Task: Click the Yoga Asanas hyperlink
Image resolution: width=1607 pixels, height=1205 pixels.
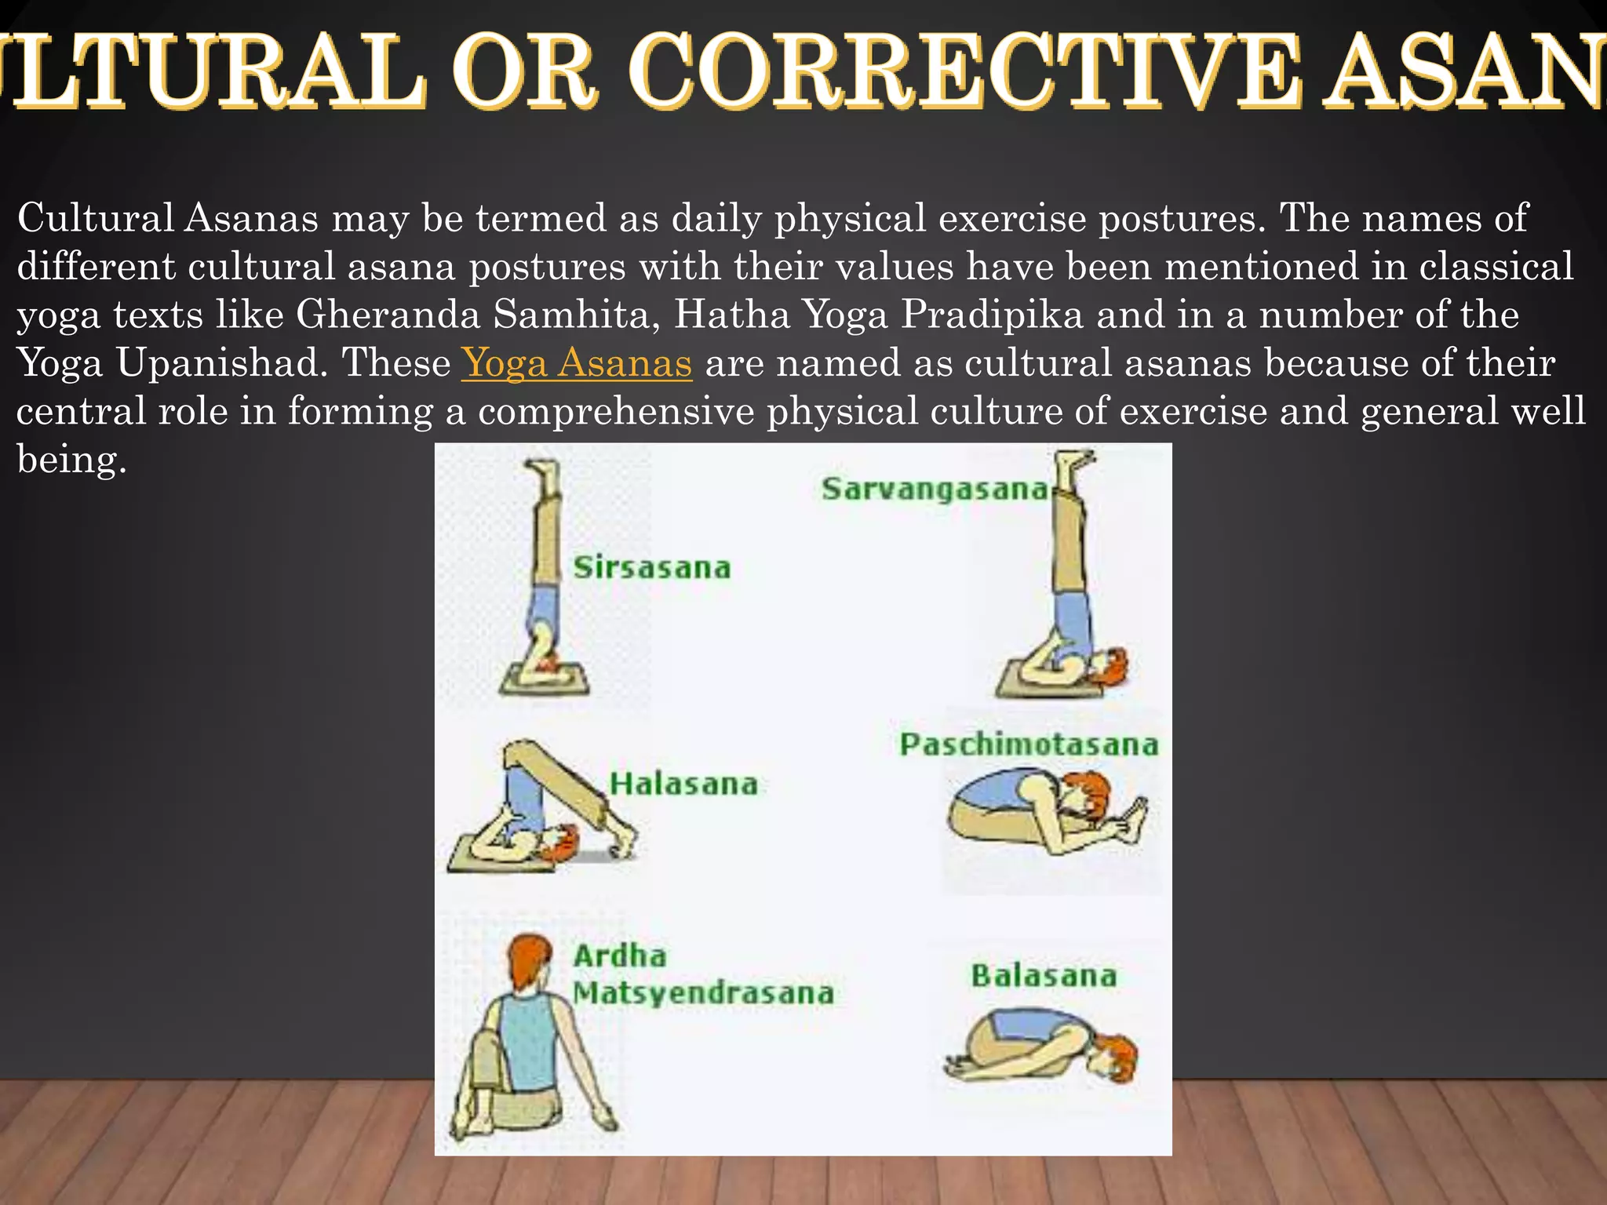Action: click(577, 363)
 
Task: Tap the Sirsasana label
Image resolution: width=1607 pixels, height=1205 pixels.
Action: click(651, 567)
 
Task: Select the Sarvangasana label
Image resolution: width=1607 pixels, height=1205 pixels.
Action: click(935, 489)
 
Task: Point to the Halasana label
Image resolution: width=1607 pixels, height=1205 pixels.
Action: click(683, 784)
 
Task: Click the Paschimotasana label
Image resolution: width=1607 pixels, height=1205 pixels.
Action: click(1029, 744)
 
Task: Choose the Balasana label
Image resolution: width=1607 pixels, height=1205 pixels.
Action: click(1044, 976)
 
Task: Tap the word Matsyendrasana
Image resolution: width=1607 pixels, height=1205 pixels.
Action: click(703, 993)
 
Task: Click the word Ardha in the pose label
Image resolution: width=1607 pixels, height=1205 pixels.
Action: click(620, 956)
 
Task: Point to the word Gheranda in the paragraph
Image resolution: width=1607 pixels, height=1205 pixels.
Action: click(388, 315)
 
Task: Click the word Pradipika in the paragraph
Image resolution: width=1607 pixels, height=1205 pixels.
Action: click(992, 315)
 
